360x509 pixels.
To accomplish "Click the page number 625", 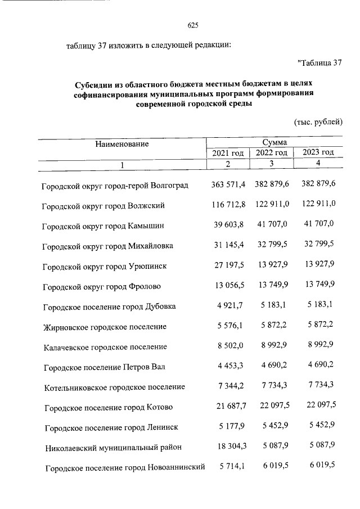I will coord(193,25).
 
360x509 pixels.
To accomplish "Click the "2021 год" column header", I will coord(228,153).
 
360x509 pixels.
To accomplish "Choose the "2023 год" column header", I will coord(318,152).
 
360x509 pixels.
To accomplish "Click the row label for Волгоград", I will coord(115,185).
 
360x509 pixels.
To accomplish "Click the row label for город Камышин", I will coord(103,226).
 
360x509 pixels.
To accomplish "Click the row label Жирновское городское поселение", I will coord(105,327).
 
